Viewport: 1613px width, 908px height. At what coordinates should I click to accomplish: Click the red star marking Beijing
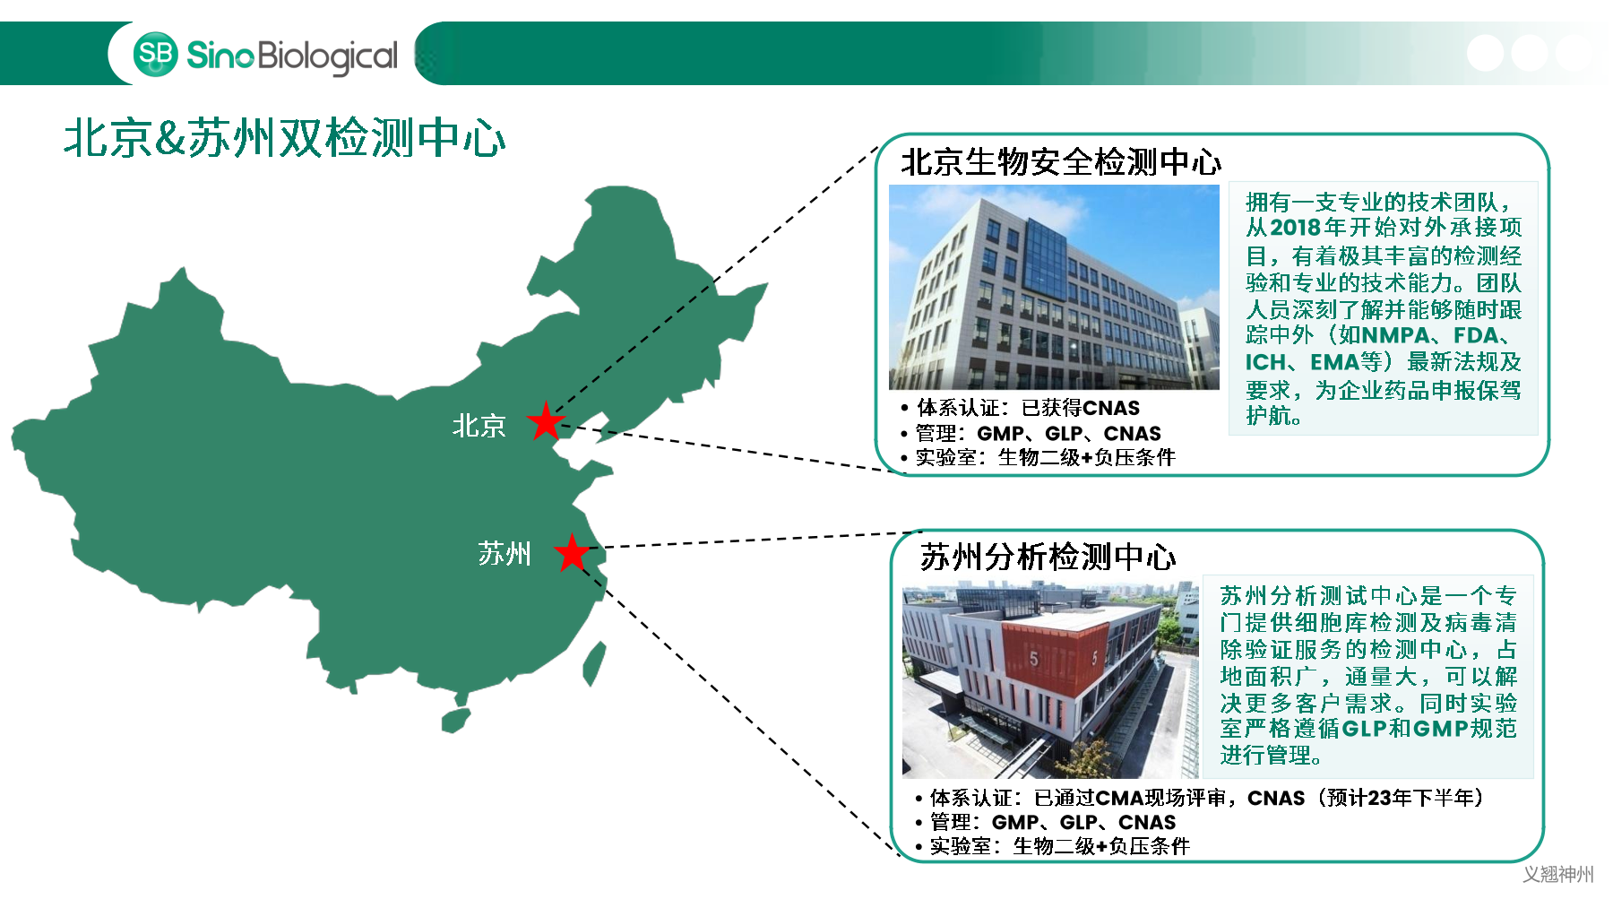click(x=546, y=421)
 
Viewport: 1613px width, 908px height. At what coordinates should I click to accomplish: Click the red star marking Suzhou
click(x=572, y=552)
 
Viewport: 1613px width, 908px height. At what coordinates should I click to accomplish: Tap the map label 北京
click(x=479, y=426)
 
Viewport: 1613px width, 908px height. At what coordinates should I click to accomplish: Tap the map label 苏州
click(x=504, y=554)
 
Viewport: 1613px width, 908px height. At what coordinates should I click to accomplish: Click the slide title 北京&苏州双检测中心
click(x=285, y=138)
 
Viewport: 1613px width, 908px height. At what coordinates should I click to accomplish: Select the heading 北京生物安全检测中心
click(x=1061, y=162)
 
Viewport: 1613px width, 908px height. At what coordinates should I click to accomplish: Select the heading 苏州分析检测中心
click(x=1048, y=557)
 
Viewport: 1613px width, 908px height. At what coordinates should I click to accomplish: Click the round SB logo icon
click(x=156, y=54)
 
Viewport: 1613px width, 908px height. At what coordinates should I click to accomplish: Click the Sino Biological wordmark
click(x=292, y=56)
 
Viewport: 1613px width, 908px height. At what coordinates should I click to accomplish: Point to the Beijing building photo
click(x=1054, y=287)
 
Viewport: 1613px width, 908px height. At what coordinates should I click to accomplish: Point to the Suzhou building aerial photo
click(x=1050, y=680)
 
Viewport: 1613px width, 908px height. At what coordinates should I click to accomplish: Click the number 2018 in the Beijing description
click(x=1297, y=228)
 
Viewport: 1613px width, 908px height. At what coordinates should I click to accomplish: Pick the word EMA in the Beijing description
click(x=1334, y=362)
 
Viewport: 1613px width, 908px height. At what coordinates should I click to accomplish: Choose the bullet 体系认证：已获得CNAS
click(x=1021, y=408)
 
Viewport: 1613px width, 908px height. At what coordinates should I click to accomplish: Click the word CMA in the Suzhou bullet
click(x=1120, y=798)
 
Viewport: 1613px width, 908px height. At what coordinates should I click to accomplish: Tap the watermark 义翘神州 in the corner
click(x=1558, y=874)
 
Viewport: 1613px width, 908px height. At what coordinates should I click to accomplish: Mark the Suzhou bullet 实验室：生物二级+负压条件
click(x=1053, y=846)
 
